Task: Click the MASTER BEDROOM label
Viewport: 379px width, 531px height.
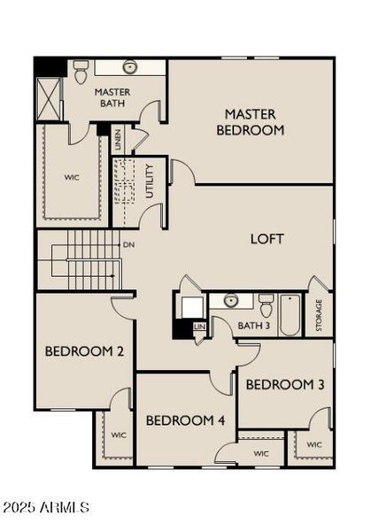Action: click(x=254, y=122)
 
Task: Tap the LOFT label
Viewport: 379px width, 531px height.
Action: click(x=267, y=239)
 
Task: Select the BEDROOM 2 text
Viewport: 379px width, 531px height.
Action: click(x=84, y=351)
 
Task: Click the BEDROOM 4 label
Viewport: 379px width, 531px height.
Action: click(x=185, y=419)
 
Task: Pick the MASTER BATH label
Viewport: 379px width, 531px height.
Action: click(x=112, y=97)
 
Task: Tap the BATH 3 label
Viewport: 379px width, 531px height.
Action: click(x=254, y=326)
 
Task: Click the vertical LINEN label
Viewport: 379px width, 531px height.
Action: click(x=118, y=142)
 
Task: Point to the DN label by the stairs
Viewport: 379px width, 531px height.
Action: click(x=128, y=244)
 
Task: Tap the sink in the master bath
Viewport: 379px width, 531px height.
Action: click(x=130, y=67)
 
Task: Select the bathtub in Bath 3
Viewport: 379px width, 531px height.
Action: click(x=290, y=314)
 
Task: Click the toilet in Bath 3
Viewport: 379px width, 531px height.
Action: click(x=266, y=306)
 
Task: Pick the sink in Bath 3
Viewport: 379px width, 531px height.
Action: click(x=231, y=300)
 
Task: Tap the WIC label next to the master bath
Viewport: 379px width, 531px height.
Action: click(x=72, y=177)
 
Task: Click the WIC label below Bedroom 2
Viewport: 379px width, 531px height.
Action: click(x=118, y=435)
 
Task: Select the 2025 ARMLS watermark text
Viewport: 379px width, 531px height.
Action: click(x=46, y=508)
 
